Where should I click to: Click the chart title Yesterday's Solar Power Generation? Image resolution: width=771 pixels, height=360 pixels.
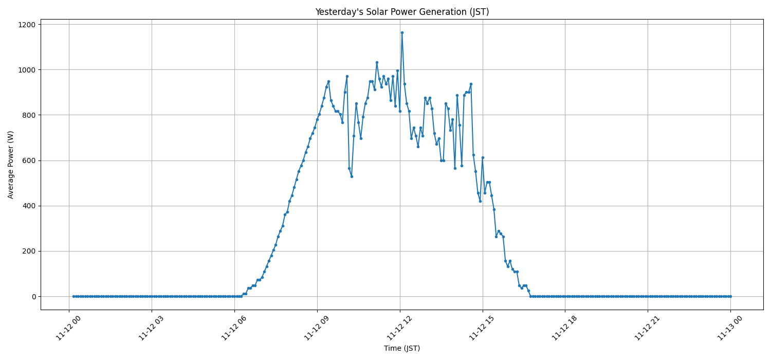click(402, 12)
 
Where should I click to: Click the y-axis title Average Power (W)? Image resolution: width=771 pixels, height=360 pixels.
click(11, 165)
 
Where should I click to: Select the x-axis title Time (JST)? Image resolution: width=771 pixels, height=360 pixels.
click(402, 348)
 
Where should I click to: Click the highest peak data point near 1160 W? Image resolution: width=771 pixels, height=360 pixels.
click(402, 32)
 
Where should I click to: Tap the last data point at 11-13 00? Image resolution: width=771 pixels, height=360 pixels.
click(730, 296)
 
